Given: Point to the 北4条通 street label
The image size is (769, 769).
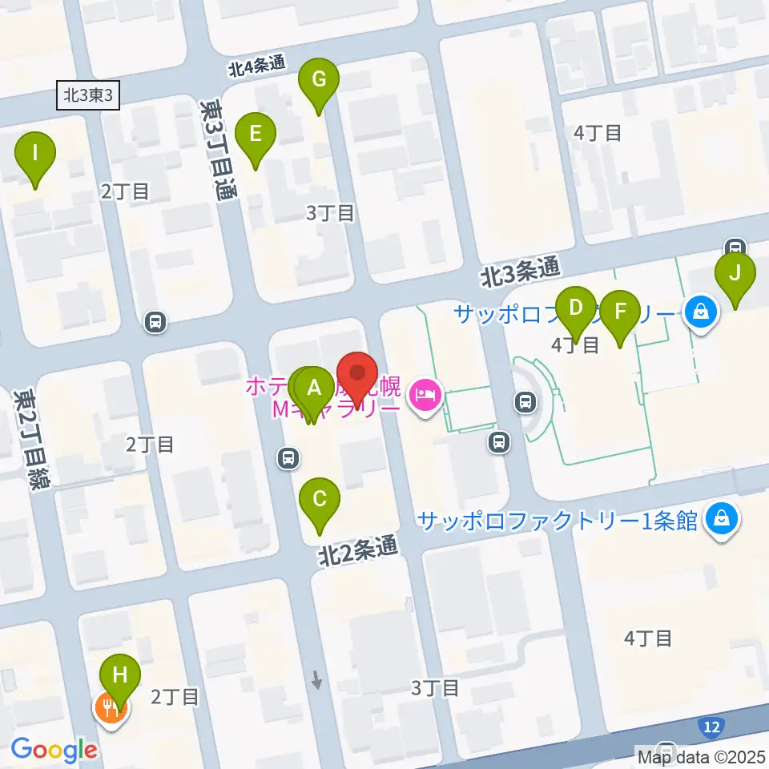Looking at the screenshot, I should (x=257, y=67).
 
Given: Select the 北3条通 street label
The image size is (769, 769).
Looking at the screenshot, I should (x=520, y=273).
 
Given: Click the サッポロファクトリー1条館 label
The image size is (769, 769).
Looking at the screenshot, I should (x=558, y=520).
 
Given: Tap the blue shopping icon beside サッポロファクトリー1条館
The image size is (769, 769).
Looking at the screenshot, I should (x=723, y=519).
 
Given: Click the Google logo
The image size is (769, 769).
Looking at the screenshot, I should (x=54, y=750).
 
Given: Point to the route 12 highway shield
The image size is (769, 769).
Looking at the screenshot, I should (x=711, y=727).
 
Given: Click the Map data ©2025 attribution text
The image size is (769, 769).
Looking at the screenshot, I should (x=700, y=756).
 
